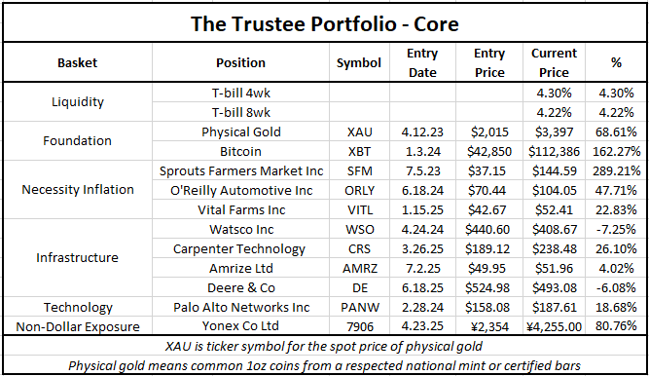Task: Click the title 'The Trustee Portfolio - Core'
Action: click(x=324, y=21)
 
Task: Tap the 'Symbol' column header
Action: click(x=359, y=62)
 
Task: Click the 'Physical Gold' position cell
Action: click(x=240, y=132)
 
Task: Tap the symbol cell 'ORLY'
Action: click(x=359, y=189)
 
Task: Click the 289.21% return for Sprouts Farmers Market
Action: click(x=615, y=170)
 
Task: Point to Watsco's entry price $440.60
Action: click(x=488, y=228)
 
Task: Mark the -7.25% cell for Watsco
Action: click(x=615, y=228)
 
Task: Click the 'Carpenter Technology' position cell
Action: click(x=240, y=246)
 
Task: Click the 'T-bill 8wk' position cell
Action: click(x=240, y=112)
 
